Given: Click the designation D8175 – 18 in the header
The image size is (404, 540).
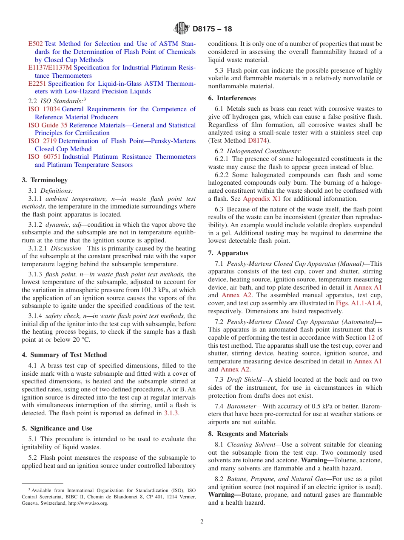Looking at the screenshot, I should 212,29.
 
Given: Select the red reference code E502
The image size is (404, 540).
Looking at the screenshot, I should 35,44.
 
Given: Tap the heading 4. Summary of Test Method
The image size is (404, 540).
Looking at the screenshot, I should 64,355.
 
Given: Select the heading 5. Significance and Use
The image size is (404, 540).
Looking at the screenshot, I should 57,428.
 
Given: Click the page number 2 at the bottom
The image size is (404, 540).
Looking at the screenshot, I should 202,522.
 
